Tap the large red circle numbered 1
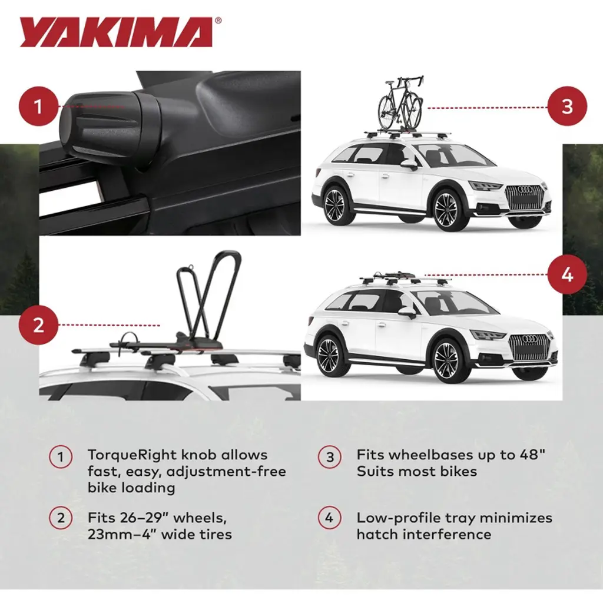(x=38, y=107)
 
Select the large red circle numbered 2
(x=38, y=325)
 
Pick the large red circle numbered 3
(x=567, y=107)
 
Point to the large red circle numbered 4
(x=567, y=274)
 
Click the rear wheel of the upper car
(x=335, y=204)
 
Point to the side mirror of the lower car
(x=406, y=312)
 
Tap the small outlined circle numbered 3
(x=330, y=457)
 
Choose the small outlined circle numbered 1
(x=61, y=457)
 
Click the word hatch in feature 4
(x=376, y=534)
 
